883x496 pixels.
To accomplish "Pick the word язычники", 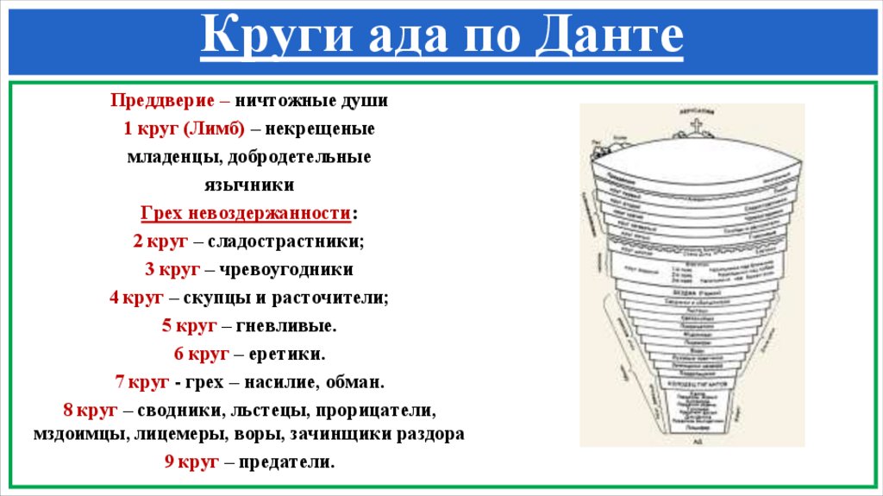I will (249, 185).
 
